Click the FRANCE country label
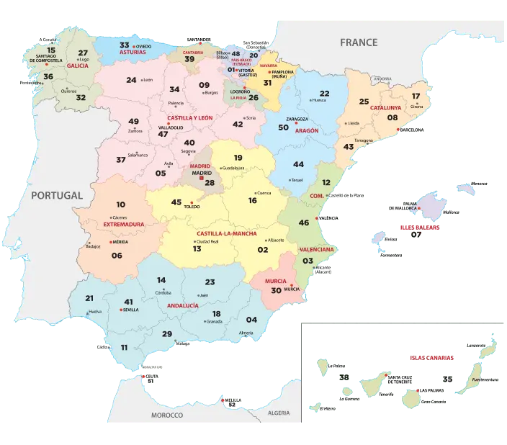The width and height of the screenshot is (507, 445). point(359,42)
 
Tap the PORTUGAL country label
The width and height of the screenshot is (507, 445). point(53,195)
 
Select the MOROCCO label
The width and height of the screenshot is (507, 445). point(167,415)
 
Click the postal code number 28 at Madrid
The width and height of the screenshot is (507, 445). point(210,183)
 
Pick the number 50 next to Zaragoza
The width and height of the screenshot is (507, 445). point(283,127)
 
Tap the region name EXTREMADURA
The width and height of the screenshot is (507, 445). point(124,224)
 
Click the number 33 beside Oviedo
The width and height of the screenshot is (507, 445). point(125,45)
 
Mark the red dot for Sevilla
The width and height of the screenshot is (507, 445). point(121,310)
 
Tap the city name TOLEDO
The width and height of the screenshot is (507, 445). point(192,207)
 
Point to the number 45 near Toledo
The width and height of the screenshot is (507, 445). point(176,202)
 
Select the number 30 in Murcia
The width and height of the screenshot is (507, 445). point(276,290)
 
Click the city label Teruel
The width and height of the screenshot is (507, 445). point(297,180)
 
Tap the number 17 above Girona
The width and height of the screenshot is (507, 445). point(416,96)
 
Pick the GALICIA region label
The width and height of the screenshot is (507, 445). point(77,66)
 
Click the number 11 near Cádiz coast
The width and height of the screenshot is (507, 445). point(124,347)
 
